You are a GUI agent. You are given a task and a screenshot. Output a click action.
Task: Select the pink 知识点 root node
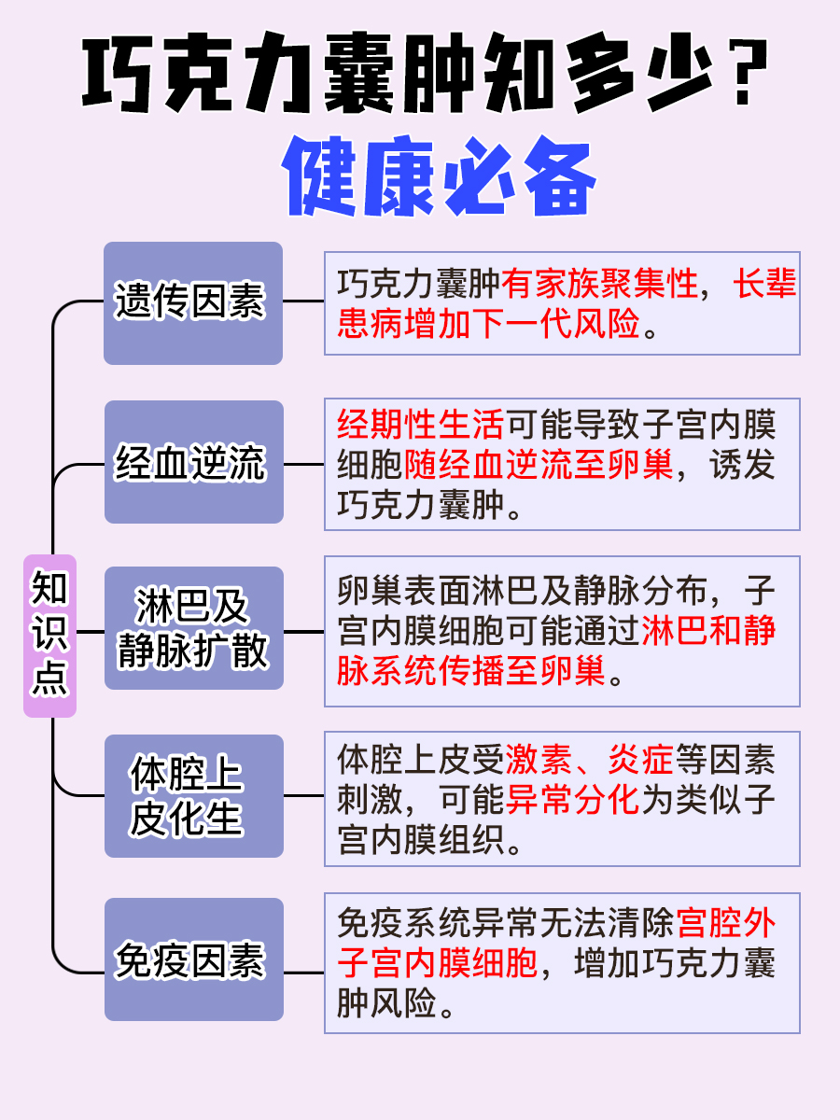click(49, 636)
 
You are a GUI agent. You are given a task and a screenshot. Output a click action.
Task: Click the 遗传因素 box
click(193, 302)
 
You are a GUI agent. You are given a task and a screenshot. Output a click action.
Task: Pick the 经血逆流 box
click(193, 462)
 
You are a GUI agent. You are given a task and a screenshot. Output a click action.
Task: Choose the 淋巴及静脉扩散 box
click(193, 627)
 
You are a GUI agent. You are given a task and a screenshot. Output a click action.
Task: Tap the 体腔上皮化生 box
click(193, 796)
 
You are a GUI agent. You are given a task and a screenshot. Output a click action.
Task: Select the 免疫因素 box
click(193, 959)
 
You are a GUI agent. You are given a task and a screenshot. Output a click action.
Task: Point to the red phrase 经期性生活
click(420, 425)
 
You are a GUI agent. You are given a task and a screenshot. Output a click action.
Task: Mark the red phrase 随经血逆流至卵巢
click(539, 465)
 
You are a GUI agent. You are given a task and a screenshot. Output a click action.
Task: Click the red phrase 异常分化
click(573, 800)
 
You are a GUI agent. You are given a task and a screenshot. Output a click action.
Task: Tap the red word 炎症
click(641, 761)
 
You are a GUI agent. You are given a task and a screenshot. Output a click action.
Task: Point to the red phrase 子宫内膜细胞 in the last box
click(438, 962)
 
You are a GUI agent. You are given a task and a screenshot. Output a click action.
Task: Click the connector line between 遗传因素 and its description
click(303, 301)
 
